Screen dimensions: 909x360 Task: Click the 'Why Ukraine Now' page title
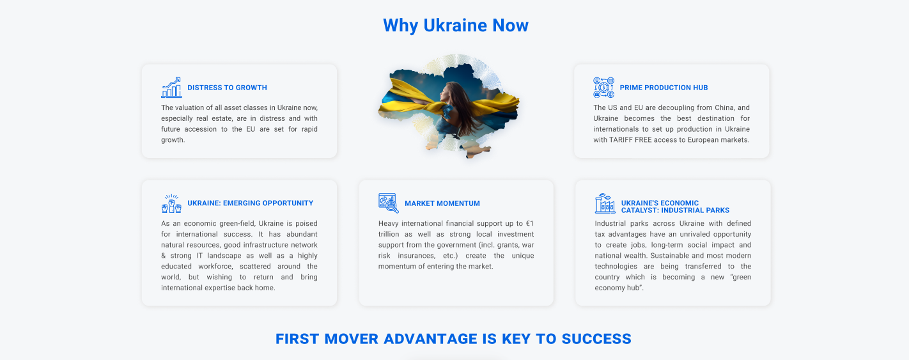coord(456,26)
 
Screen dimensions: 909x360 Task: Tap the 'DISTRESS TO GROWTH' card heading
coord(228,88)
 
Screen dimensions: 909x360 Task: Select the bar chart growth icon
coord(171,87)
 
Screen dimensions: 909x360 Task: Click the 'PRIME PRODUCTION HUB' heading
coord(664,88)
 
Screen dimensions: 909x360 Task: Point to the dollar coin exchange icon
coord(604,87)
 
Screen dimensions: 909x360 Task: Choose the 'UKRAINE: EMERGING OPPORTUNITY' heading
coord(251,203)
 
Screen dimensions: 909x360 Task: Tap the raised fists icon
coord(171,203)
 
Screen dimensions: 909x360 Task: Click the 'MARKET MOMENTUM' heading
coord(442,203)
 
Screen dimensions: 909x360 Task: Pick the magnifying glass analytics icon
coord(389,203)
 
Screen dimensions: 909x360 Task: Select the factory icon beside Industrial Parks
coord(605,203)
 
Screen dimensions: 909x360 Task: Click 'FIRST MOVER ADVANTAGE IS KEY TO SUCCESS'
coord(453,339)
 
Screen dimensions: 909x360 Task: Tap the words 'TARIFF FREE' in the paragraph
coord(628,140)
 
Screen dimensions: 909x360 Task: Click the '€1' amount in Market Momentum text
coord(529,224)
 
